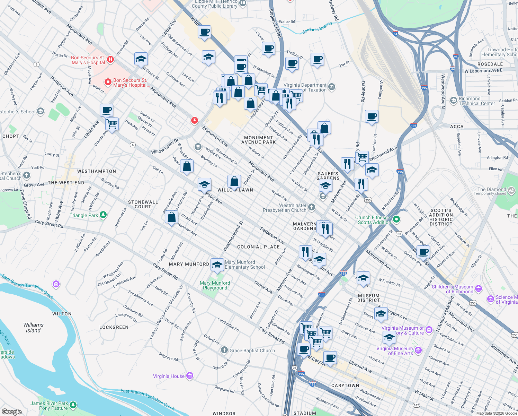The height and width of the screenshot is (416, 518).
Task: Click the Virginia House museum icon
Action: click(189, 376)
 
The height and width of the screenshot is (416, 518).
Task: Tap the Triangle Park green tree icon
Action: click(103, 215)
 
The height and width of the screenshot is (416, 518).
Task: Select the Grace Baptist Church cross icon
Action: click(224, 350)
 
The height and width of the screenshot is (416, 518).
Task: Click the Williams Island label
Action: click(34, 328)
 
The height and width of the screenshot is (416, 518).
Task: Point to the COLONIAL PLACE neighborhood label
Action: click(258, 247)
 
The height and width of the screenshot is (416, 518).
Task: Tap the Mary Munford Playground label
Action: click(215, 285)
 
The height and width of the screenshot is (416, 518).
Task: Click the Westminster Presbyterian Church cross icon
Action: click(312, 207)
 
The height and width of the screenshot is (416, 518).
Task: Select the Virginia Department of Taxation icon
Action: click(332, 87)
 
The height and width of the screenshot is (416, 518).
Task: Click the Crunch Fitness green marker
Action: click(397, 219)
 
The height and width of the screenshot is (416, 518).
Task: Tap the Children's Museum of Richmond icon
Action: click(479, 288)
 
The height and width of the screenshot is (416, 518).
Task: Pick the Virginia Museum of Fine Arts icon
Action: click(418, 350)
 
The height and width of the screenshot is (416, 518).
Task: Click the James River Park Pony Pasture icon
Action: click(73, 405)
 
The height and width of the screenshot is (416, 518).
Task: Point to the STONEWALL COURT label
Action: click(143, 204)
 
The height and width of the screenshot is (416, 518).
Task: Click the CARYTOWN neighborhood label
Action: click(345, 385)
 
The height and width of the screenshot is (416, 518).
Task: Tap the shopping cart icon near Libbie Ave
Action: click(112, 123)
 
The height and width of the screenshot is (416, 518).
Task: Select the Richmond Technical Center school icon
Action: click(454, 101)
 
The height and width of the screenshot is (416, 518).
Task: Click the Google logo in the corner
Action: click(11, 411)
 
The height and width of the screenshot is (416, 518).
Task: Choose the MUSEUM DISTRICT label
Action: click(369, 298)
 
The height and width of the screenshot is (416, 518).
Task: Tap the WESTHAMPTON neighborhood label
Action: click(97, 171)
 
